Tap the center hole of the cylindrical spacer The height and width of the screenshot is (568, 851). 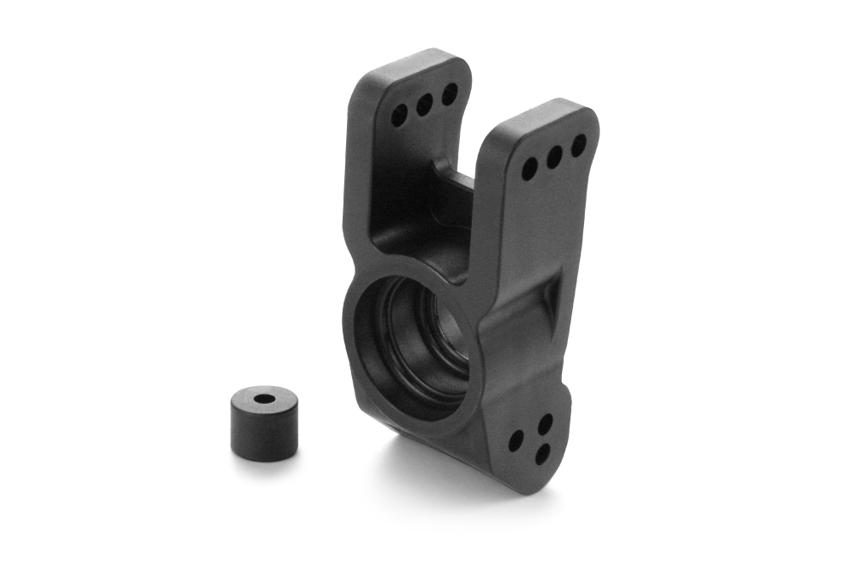tap(264, 398)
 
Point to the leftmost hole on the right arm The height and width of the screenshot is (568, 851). tap(530, 168)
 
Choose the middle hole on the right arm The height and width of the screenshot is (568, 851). tap(554, 157)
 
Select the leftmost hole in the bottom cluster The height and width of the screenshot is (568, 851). tap(516, 441)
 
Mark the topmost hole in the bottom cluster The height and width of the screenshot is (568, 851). tap(546, 423)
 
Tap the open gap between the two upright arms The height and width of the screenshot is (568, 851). tap(476, 128)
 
